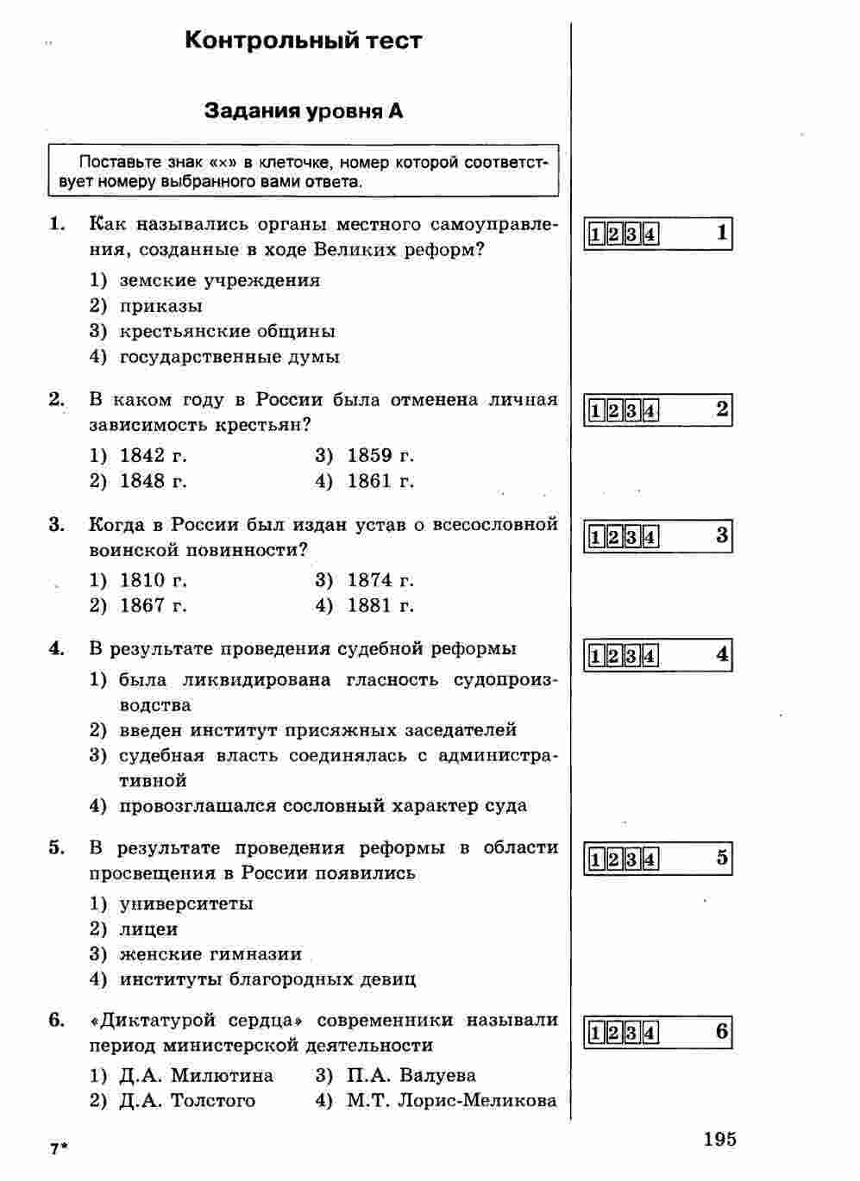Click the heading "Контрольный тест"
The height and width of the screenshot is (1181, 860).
click(x=304, y=41)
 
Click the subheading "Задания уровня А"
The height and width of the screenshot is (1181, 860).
click(x=303, y=111)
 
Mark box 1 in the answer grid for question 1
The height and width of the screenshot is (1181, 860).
click(x=595, y=234)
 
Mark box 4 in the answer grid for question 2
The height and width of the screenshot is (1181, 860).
click(x=650, y=411)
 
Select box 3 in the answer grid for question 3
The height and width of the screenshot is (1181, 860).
click(x=632, y=538)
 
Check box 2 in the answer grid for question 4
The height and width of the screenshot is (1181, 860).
click(x=613, y=657)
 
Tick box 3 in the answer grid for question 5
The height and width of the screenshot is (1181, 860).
click(x=632, y=859)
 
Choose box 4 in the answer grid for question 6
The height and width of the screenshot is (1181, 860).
click(x=650, y=1034)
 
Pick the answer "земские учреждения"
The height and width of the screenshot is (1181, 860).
click(x=219, y=281)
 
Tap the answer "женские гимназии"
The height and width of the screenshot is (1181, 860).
click(x=210, y=954)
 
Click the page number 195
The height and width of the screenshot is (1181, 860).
click(x=719, y=1140)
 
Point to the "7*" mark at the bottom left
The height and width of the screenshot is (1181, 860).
click(x=58, y=1149)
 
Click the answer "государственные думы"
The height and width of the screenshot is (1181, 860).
click(x=229, y=357)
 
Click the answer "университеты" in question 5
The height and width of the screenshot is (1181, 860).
click(x=186, y=904)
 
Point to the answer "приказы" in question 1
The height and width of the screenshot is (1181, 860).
click(x=161, y=306)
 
